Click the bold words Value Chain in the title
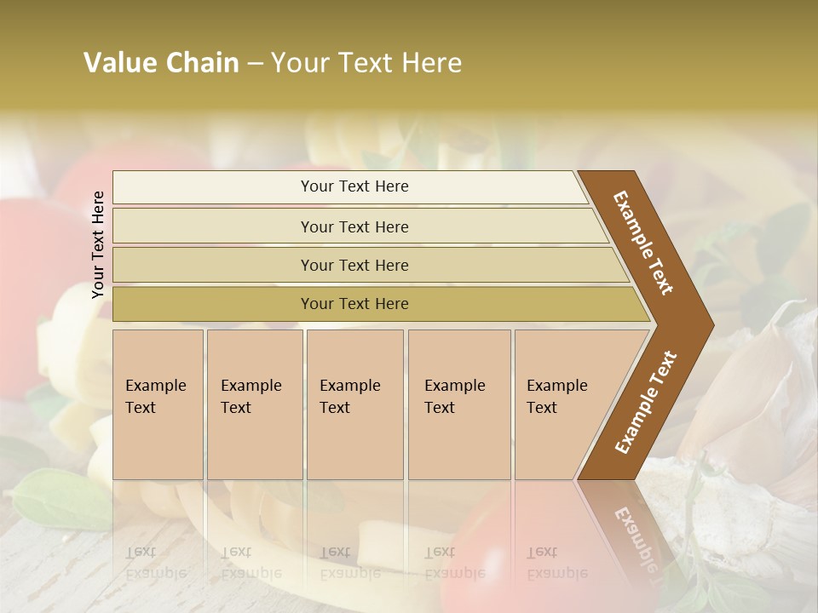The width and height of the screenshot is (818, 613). tap(161, 63)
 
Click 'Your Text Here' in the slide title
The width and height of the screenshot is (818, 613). tap(366, 63)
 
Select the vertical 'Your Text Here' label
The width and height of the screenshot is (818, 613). tap(98, 244)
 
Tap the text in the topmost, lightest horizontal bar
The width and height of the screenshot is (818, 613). tap(354, 186)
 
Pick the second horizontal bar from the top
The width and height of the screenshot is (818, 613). tap(354, 226)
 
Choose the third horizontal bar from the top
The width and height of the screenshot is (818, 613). tap(354, 265)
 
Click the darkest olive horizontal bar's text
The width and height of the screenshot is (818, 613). tap(354, 304)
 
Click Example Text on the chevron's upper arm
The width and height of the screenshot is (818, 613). tap(643, 243)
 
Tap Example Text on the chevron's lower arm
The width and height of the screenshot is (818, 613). tap(645, 403)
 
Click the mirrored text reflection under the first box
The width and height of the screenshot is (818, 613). tap(157, 562)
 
